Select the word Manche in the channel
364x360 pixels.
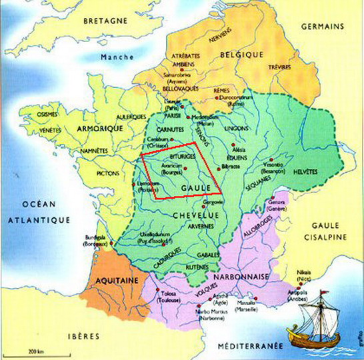tap(117, 57)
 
